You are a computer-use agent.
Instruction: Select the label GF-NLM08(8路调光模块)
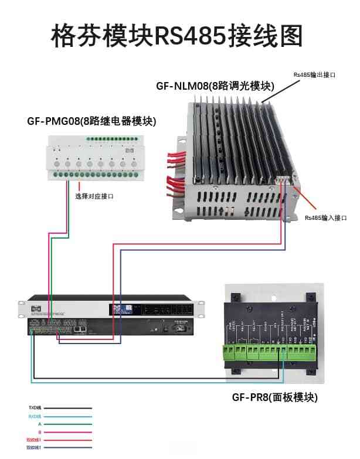[x=215, y=86]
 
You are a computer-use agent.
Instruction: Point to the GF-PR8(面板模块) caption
[x=274, y=397]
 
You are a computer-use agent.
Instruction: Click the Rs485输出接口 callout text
[x=314, y=75]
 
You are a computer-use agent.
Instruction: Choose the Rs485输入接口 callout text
[x=325, y=217]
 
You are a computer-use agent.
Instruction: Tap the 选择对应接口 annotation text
[x=94, y=196]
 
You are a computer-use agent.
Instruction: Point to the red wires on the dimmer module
[x=176, y=170]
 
